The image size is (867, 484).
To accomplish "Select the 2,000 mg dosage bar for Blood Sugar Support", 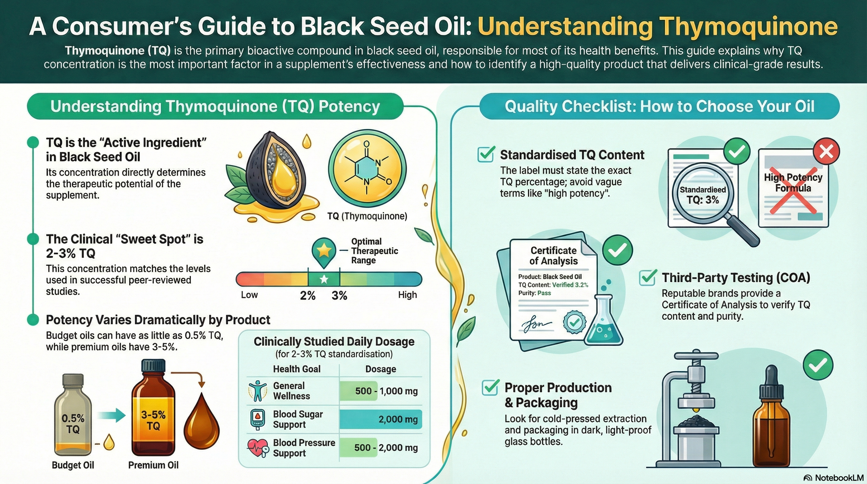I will click(x=381, y=419).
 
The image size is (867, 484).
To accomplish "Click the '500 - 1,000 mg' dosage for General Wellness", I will click(x=386, y=391).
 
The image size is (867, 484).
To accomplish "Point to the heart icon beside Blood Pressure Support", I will click(x=257, y=447).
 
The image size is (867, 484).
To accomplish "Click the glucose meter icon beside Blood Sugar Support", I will click(x=257, y=419).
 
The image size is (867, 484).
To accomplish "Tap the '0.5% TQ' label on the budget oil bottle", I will click(x=73, y=423).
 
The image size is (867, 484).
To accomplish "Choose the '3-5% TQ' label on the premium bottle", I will click(x=153, y=420).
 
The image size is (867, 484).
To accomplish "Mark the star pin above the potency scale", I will click(x=324, y=251).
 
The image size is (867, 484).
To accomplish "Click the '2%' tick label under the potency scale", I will click(x=307, y=296).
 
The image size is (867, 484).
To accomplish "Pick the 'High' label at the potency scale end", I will click(x=407, y=295).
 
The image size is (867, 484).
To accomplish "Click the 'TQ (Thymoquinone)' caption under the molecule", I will click(x=367, y=216).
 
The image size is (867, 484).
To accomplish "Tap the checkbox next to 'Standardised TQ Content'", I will click(x=486, y=154).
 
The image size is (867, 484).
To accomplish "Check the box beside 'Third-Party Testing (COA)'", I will click(x=647, y=278).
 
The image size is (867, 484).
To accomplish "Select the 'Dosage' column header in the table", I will click(x=381, y=369).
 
